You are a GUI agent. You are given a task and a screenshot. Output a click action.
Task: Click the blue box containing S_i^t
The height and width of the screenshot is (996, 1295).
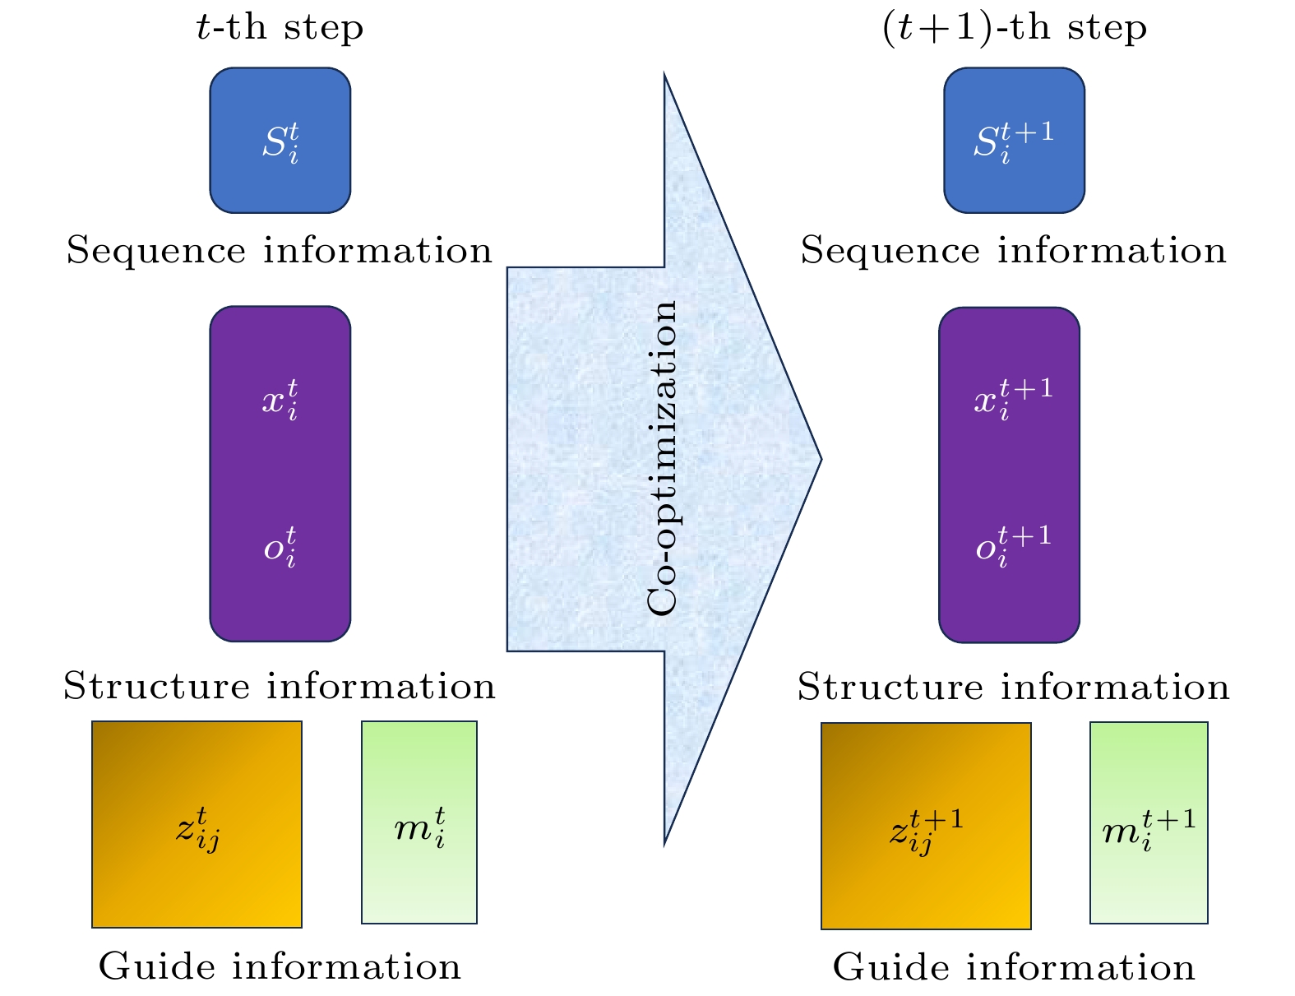[x=280, y=141]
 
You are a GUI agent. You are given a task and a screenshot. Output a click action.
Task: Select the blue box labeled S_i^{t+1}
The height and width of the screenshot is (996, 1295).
[x=1014, y=141]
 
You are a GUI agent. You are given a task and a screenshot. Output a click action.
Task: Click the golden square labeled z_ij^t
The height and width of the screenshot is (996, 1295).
[x=197, y=824]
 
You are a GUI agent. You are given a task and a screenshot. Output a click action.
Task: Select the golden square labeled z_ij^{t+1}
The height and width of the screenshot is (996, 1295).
[x=926, y=826]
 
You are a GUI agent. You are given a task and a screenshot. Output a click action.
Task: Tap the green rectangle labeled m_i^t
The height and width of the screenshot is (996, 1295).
[x=419, y=822]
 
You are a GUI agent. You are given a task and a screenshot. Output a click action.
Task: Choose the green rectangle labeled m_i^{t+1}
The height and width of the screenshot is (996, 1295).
[x=1149, y=822]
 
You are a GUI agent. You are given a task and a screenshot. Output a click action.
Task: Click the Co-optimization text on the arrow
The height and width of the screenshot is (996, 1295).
[x=663, y=457]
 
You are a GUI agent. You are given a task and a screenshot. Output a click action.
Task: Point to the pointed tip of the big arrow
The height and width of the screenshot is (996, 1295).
[x=818, y=459]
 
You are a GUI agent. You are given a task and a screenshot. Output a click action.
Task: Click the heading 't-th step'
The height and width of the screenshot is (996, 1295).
[x=280, y=29]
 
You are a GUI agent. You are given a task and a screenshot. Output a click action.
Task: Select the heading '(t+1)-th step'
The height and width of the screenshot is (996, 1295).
[x=1014, y=29]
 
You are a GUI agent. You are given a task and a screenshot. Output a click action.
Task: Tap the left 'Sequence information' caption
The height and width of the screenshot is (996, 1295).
[x=280, y=251]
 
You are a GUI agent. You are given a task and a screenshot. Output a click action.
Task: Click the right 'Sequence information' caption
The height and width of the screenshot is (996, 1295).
[x=1014, y=251]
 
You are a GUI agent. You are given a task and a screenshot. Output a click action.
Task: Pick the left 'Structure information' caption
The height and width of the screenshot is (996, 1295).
[x=280, y=687]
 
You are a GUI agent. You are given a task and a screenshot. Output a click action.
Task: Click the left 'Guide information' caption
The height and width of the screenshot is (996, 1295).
[x=280, y=967]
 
